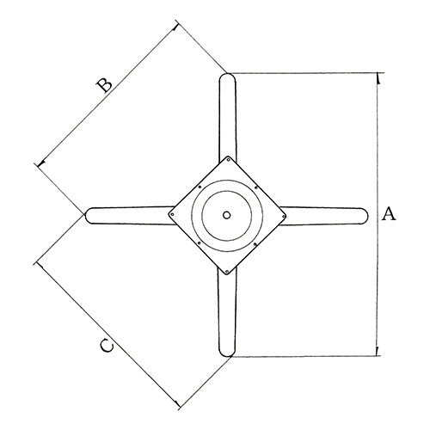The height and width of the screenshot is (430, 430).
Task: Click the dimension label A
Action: (389, 213)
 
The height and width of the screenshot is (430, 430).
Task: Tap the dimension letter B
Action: (103, 85)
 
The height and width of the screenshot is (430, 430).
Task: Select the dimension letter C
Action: (107, 346)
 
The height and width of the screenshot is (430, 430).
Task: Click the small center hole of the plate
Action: (226, 215)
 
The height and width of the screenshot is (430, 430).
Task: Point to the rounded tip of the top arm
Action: (228, 74)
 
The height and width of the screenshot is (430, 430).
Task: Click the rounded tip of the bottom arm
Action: (227, 355)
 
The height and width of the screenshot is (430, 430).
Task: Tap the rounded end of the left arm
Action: (87, 215)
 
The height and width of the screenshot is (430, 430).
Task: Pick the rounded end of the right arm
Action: (366, 216)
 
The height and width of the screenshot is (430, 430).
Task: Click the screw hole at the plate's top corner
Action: (228, 160)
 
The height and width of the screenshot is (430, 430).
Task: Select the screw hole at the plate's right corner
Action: (283, 216)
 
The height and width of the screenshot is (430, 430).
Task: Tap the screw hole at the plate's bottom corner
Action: (227, 271)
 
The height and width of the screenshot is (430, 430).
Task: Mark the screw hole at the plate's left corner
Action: (172, 214)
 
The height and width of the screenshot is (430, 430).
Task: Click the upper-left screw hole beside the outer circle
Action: (200, 187)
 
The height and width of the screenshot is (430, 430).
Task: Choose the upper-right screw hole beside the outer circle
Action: (256, 187)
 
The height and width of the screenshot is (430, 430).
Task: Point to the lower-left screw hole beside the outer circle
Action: (199, 243)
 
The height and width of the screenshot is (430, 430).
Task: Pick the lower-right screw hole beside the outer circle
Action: (255, 244)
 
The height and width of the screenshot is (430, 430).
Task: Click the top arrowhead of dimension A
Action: (378, 78)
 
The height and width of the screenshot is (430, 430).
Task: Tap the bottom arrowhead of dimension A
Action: (377, 351)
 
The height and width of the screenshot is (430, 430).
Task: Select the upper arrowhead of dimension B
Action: (175, 27)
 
